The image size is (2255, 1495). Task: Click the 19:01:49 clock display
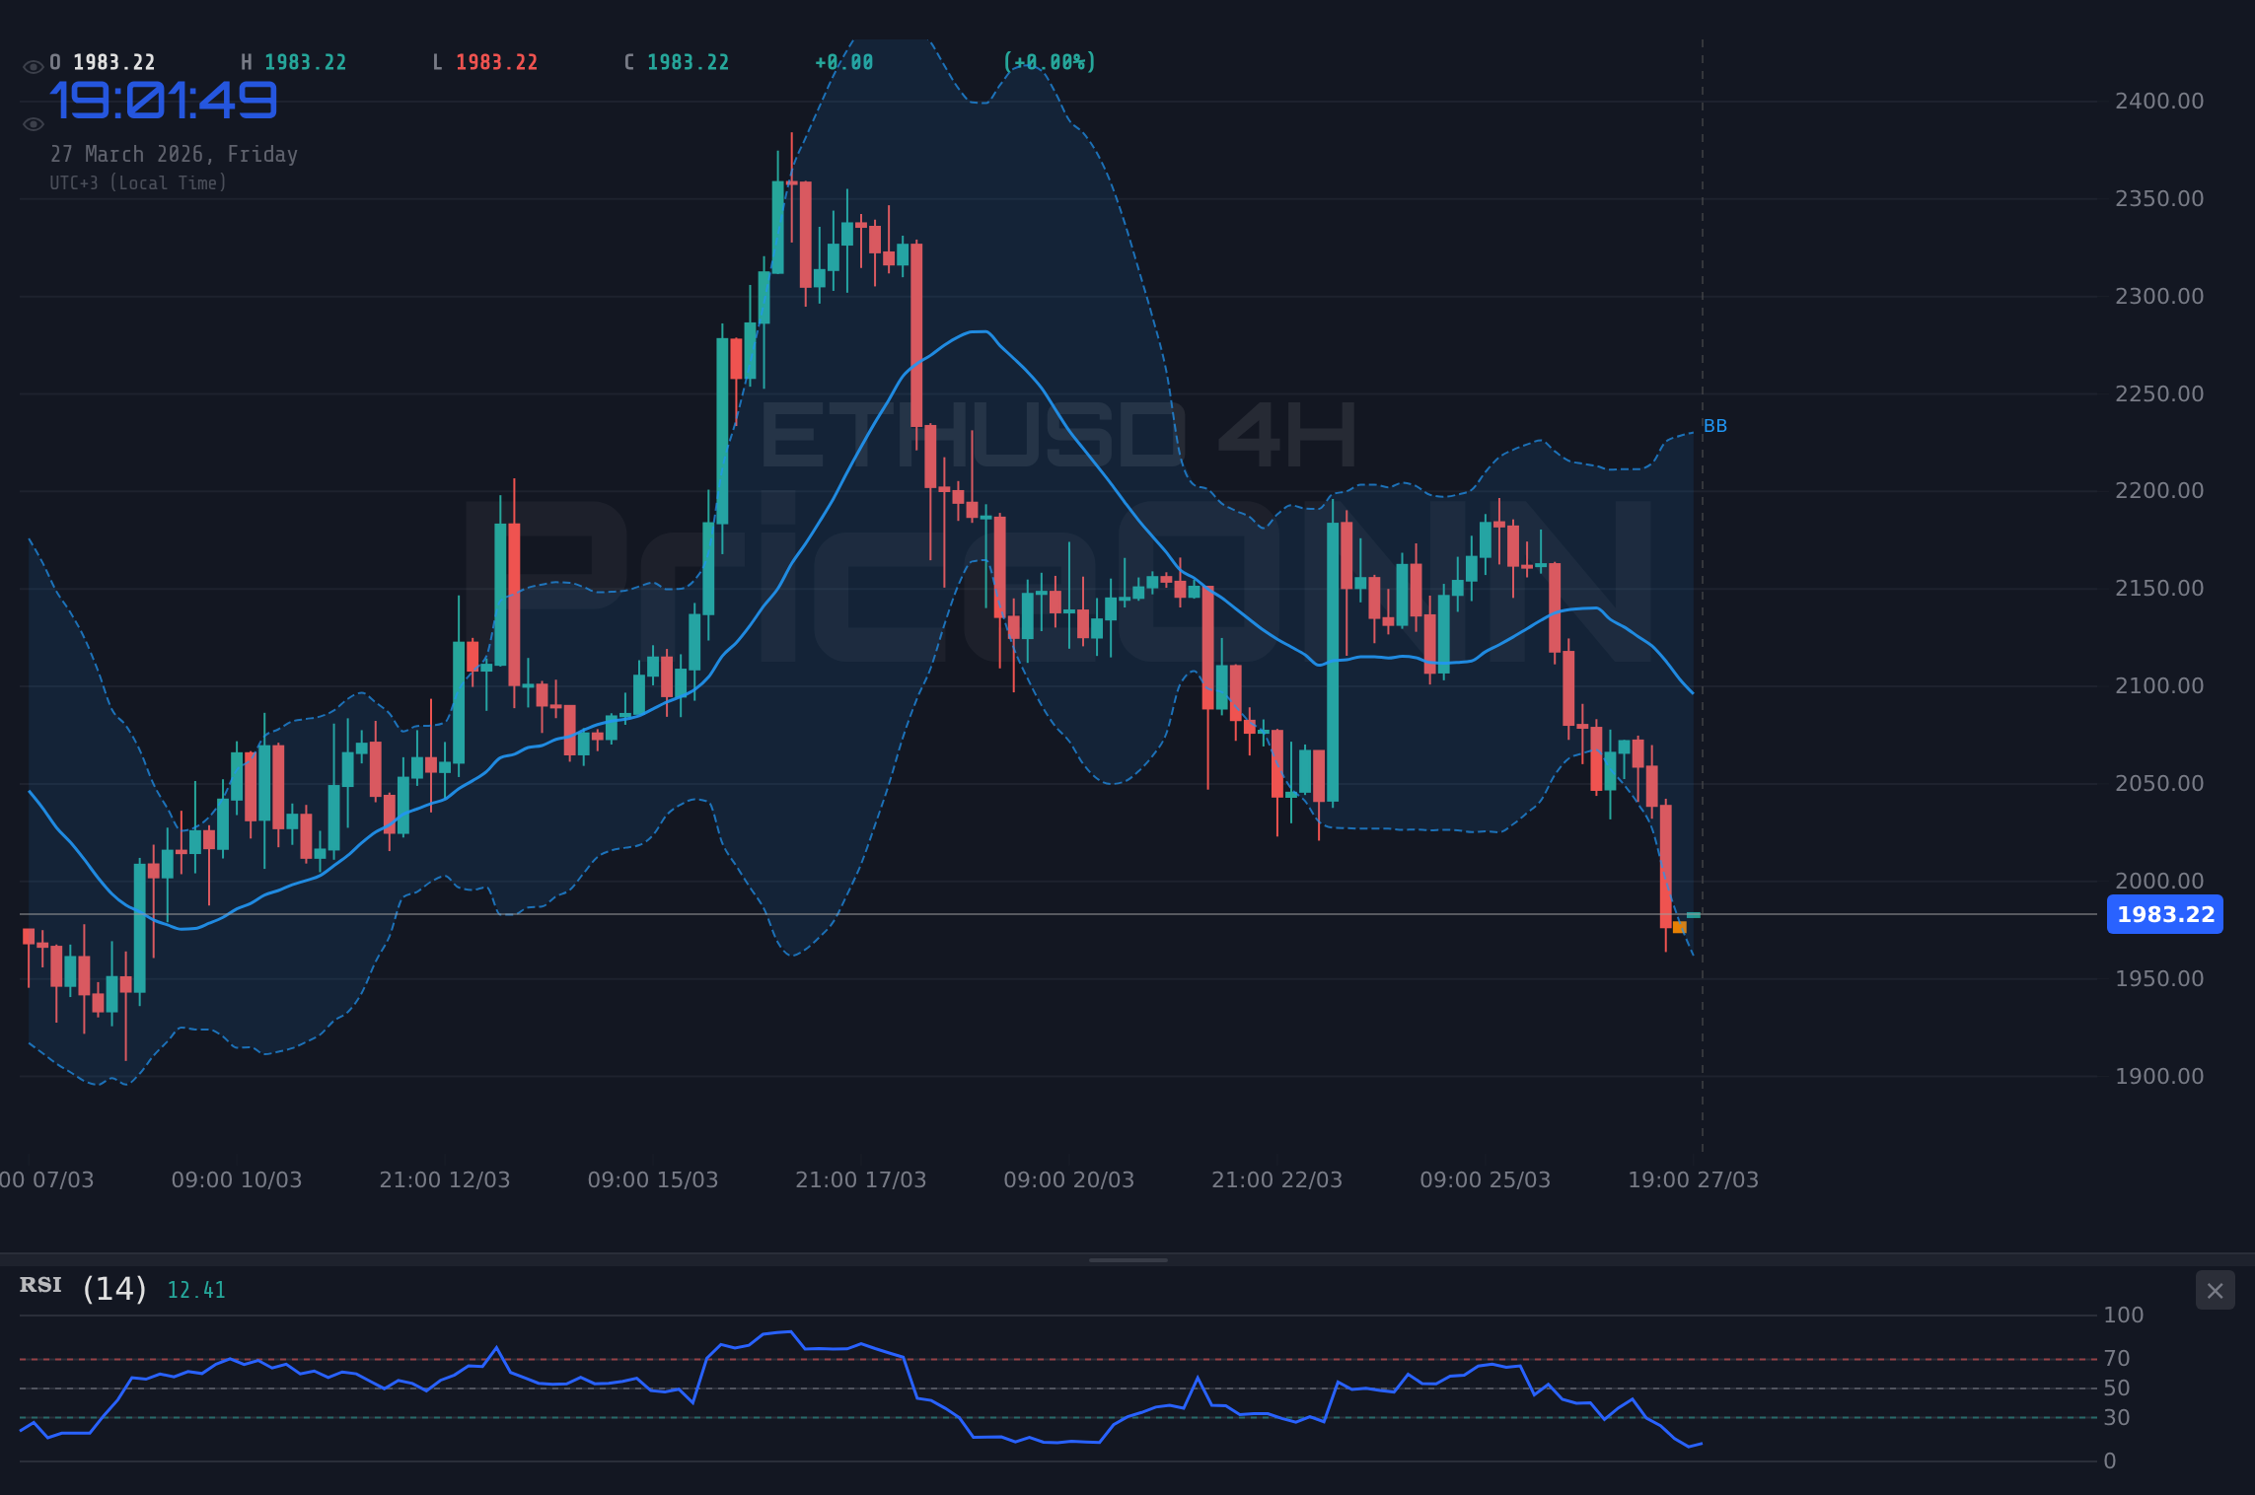163,101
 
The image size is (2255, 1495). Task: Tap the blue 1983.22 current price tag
2164,914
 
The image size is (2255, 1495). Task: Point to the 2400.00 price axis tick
2158,102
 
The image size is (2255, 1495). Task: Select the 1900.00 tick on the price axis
2158,1076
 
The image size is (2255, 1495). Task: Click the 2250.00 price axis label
2158,393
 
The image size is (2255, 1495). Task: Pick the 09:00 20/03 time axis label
1068,1179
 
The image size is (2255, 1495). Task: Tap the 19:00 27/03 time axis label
1693,1179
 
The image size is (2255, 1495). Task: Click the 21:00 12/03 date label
444,1179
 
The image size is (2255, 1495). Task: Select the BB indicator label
1715,426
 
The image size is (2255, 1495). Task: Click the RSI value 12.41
196,1290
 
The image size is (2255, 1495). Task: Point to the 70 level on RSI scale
2117,1359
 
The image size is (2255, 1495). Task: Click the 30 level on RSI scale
2117,1418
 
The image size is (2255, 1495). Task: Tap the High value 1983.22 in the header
305,63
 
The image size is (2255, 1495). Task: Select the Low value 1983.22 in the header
496,63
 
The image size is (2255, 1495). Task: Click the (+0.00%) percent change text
1049,63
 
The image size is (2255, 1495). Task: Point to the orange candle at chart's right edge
1679,927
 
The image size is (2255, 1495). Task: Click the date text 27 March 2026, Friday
174,155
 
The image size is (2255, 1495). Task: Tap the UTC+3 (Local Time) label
138,183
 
